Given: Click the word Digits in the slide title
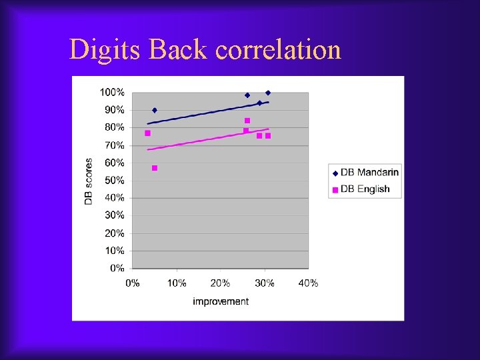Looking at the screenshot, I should point(106,50).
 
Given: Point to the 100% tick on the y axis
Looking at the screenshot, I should point(112,92).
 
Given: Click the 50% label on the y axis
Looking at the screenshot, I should point(114,180).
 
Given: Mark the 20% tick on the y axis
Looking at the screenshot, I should point(114,233).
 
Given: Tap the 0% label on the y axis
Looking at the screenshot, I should point(117,268).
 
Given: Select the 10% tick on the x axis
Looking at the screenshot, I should point(177,283).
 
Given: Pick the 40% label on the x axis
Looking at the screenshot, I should point(308,283).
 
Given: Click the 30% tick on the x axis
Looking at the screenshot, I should point(264,283).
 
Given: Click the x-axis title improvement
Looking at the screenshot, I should point(221,301).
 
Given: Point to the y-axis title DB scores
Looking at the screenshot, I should point(89,181).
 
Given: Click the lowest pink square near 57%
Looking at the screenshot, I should point(155,168).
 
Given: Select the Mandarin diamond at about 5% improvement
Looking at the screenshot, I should point(155,110).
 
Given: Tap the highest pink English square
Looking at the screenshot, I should point(247,121).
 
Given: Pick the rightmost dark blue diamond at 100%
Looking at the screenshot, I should point(268,93).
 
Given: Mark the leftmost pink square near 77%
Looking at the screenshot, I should point(147,133).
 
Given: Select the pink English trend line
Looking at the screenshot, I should point(207,139).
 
